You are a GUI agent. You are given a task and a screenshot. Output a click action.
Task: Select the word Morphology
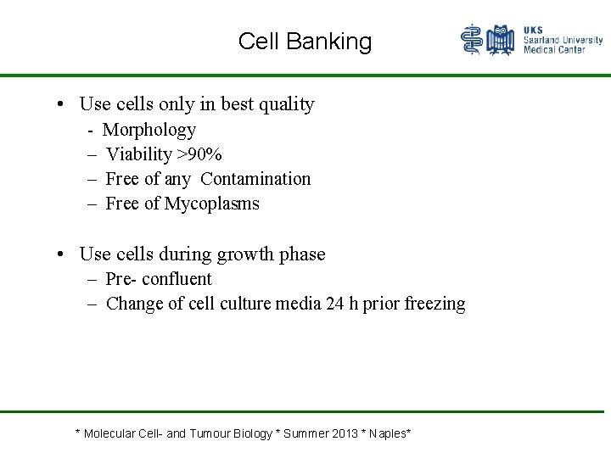(149, 130)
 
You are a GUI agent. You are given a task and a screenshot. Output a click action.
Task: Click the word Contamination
(255, 179)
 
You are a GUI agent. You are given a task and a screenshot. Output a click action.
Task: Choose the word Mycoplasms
(212, 204)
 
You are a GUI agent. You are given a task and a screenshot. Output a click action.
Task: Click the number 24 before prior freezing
(335, 304)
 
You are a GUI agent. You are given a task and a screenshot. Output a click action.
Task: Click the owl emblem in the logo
(502, 40)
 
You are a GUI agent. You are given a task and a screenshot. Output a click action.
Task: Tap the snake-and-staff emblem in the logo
(472, 40)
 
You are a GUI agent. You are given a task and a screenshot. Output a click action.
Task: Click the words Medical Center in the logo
(554, 50)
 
